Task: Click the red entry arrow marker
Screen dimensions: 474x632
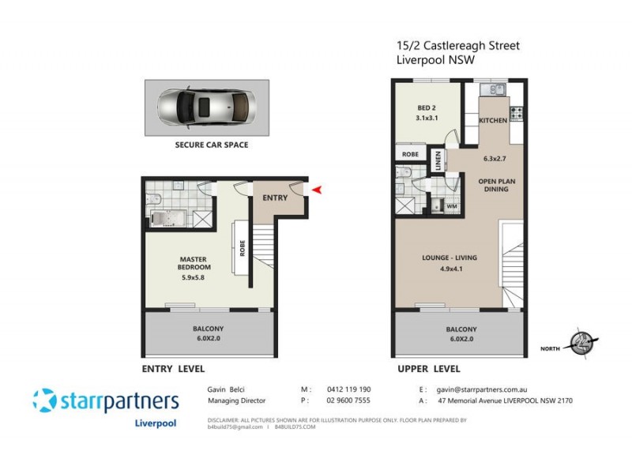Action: (x=318, y=190)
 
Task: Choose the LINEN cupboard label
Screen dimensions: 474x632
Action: (x=438, y=162)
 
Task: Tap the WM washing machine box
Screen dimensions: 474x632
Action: (x=452, y=206)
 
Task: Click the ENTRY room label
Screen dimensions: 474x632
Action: (x=275, y=197)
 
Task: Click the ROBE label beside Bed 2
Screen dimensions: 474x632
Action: (x=410, y=155)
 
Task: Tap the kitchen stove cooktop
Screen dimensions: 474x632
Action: (x=517, y=113)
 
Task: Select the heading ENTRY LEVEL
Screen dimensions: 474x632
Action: (x=173, y=369)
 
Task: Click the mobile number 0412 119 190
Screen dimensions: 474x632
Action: (x=348, y=389)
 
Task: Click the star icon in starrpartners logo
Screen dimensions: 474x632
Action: (x=44, y=401)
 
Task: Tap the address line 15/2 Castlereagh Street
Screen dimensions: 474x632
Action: (x=457, y=47)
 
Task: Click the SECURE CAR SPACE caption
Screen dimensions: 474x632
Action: (x=211, y=145)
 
